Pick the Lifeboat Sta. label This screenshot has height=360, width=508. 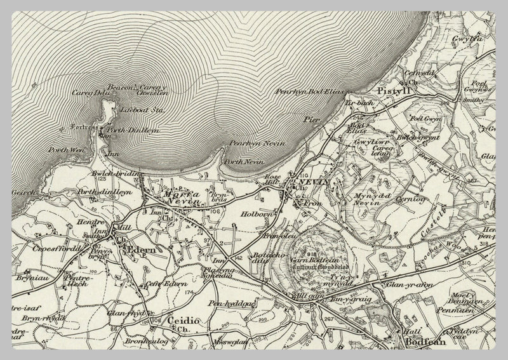[x=137, y=110]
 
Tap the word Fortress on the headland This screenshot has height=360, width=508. [x=84, y=128]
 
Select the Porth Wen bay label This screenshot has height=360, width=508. [x=61, y=150]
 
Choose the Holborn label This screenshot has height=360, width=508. [x=257, y=215]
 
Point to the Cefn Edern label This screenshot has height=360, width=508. [x=166, y=284]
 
